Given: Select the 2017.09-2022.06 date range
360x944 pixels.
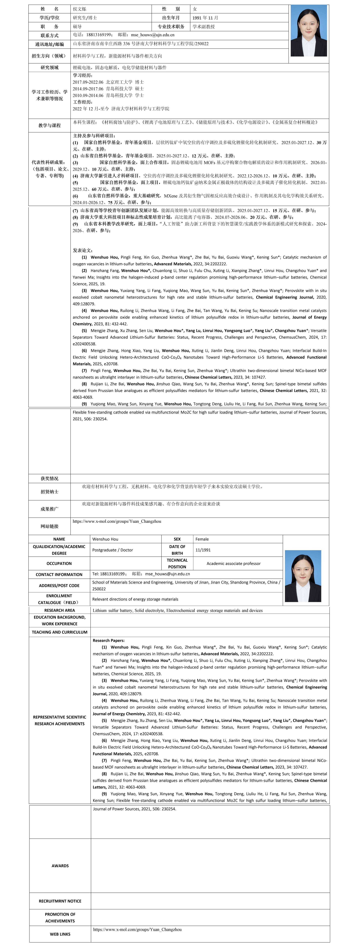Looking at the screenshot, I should pyautogui.click(x=88, y=82).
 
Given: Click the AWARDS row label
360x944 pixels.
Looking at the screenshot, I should pyautogui.click(x=60, y=866).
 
